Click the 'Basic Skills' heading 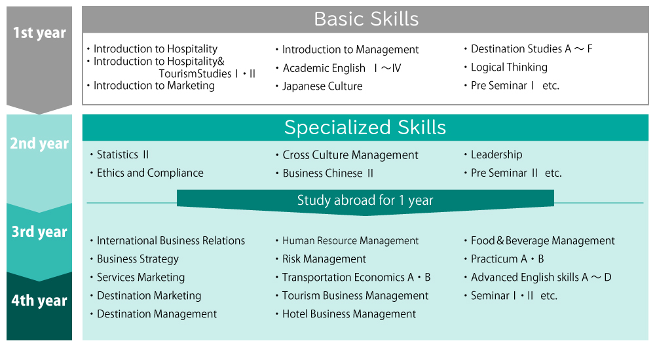click(366, 19)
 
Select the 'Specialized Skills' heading click(365, 128)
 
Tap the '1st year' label click(39, 33)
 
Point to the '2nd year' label click(39, 143)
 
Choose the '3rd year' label click(39, 232)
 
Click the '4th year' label click(39, 300)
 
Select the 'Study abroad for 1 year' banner click(365, 200)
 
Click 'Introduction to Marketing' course click(154, 86)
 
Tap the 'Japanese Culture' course click(322, 86)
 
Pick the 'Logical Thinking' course click(509, 67)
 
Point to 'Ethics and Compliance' click(151, 173)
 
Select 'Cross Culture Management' click(350, 155)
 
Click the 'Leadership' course click(496, 154)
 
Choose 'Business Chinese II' click(328, 173)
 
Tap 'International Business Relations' click(171, 241)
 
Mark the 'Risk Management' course click(324, 259)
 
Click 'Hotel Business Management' click(349, 314)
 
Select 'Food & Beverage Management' click(543, 241)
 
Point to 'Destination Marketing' click(149, 296)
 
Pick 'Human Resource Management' click(350, 241)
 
